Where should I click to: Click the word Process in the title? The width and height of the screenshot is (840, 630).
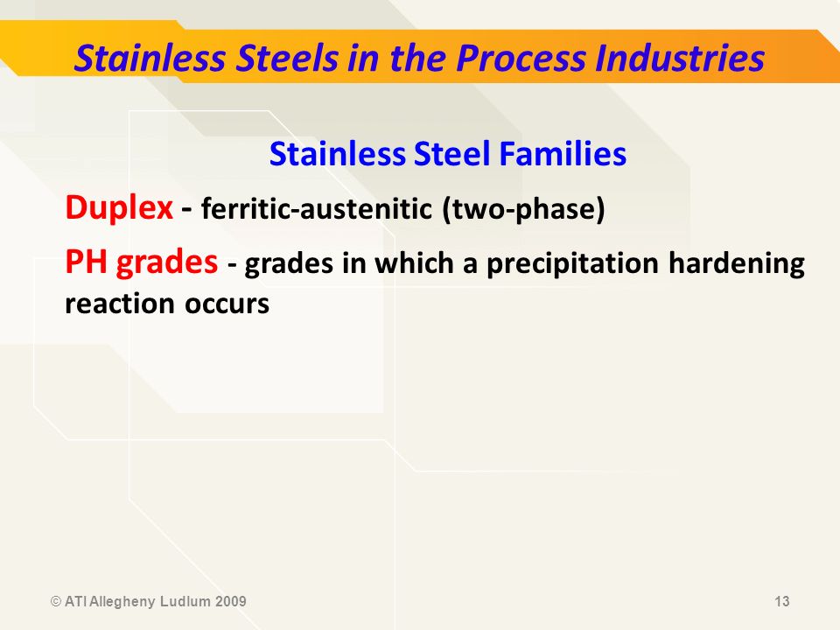521,58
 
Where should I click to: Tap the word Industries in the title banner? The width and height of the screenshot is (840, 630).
679,58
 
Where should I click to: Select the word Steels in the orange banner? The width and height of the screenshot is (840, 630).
287,58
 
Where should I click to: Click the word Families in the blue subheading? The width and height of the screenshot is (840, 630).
563,154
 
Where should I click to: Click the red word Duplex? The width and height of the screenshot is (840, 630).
119,207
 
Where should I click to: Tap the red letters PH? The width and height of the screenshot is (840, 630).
87,262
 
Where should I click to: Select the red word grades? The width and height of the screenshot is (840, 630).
167,263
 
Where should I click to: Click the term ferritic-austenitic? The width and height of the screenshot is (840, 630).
317,208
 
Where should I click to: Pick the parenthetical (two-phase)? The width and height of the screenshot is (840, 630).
523,209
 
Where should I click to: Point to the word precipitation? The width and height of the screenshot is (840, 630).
572,264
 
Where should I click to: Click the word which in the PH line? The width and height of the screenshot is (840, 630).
414,262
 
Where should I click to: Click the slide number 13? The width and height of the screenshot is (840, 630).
782,602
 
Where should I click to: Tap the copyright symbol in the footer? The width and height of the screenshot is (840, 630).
56,602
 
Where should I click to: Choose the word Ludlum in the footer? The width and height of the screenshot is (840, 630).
185,602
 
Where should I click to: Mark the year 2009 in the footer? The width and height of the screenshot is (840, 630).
231,602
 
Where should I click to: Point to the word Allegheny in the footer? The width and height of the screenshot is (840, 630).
122,602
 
